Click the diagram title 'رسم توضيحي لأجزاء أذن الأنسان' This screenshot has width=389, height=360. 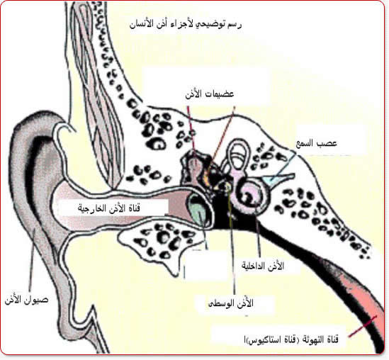(186, 25)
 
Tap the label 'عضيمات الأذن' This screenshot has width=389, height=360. (210, 94)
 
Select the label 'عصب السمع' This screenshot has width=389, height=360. (317, 143)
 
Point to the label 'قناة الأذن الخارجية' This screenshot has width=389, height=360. (109, 208)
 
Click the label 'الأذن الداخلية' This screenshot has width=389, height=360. (263, 266)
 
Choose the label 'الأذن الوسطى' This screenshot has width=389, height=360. (230, 303)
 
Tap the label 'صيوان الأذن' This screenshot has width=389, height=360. (26, 300)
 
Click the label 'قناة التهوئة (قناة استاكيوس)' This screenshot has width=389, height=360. (291, 339)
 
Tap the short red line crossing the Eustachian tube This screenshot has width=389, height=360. (362, 326)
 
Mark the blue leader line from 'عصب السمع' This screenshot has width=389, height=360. (283, 167)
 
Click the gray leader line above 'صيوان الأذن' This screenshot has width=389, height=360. (31, 261)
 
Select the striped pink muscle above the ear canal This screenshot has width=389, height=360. (99, 94)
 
